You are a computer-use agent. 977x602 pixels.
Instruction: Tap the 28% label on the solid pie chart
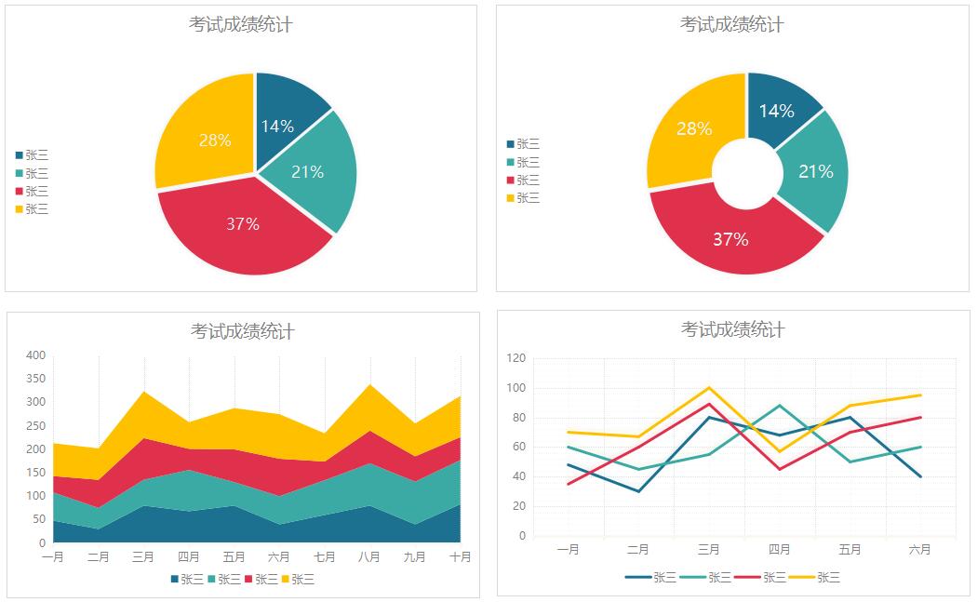pyautogui.click(x=215, y=140)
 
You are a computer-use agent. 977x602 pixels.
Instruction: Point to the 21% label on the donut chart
pyautogui.click(x=815, y=171)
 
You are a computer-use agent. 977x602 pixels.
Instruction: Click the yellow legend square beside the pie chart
pyautogui.click(x=19, y=209)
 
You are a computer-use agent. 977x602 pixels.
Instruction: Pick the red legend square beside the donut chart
pyautogui.click(x=510, y=180)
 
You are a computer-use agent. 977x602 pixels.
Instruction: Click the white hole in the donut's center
pyautogui.click(x=746, y=174)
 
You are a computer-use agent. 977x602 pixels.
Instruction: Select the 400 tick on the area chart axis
pyautogui.click(x=36, y=355)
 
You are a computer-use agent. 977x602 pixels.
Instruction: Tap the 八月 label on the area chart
pyautogui.click(x=368, y=557)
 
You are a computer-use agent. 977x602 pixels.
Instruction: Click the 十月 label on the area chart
pyautogui.click(x=460, y=557)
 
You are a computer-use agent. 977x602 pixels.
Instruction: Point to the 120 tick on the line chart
pyautogui.click(x=516, y=358)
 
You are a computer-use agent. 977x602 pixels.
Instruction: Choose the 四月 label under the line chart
pyautogui.click(x=780, y=550)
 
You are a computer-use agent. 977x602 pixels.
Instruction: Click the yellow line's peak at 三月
pyautogui.click(x=709, y=387)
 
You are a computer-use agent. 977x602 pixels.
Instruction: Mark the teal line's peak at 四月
pyautogui.click(x=780, y=405)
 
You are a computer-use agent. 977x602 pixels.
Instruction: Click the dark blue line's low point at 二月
pyautogui.click(x=638, y=491)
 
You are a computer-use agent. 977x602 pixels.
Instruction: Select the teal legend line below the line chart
pyautogui.click(x=692, y=578)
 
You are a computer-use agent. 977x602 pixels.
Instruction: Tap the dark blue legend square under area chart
pyautogui.click(x=175, y=580)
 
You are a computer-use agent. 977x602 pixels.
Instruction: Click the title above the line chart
pyautogui.click(x=733, y=329)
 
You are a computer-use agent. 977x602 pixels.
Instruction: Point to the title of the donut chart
pyautogui.click(x=731, y=24)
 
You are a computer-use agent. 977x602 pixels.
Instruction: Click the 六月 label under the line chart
pyautogui.click(x=919, y=550)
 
